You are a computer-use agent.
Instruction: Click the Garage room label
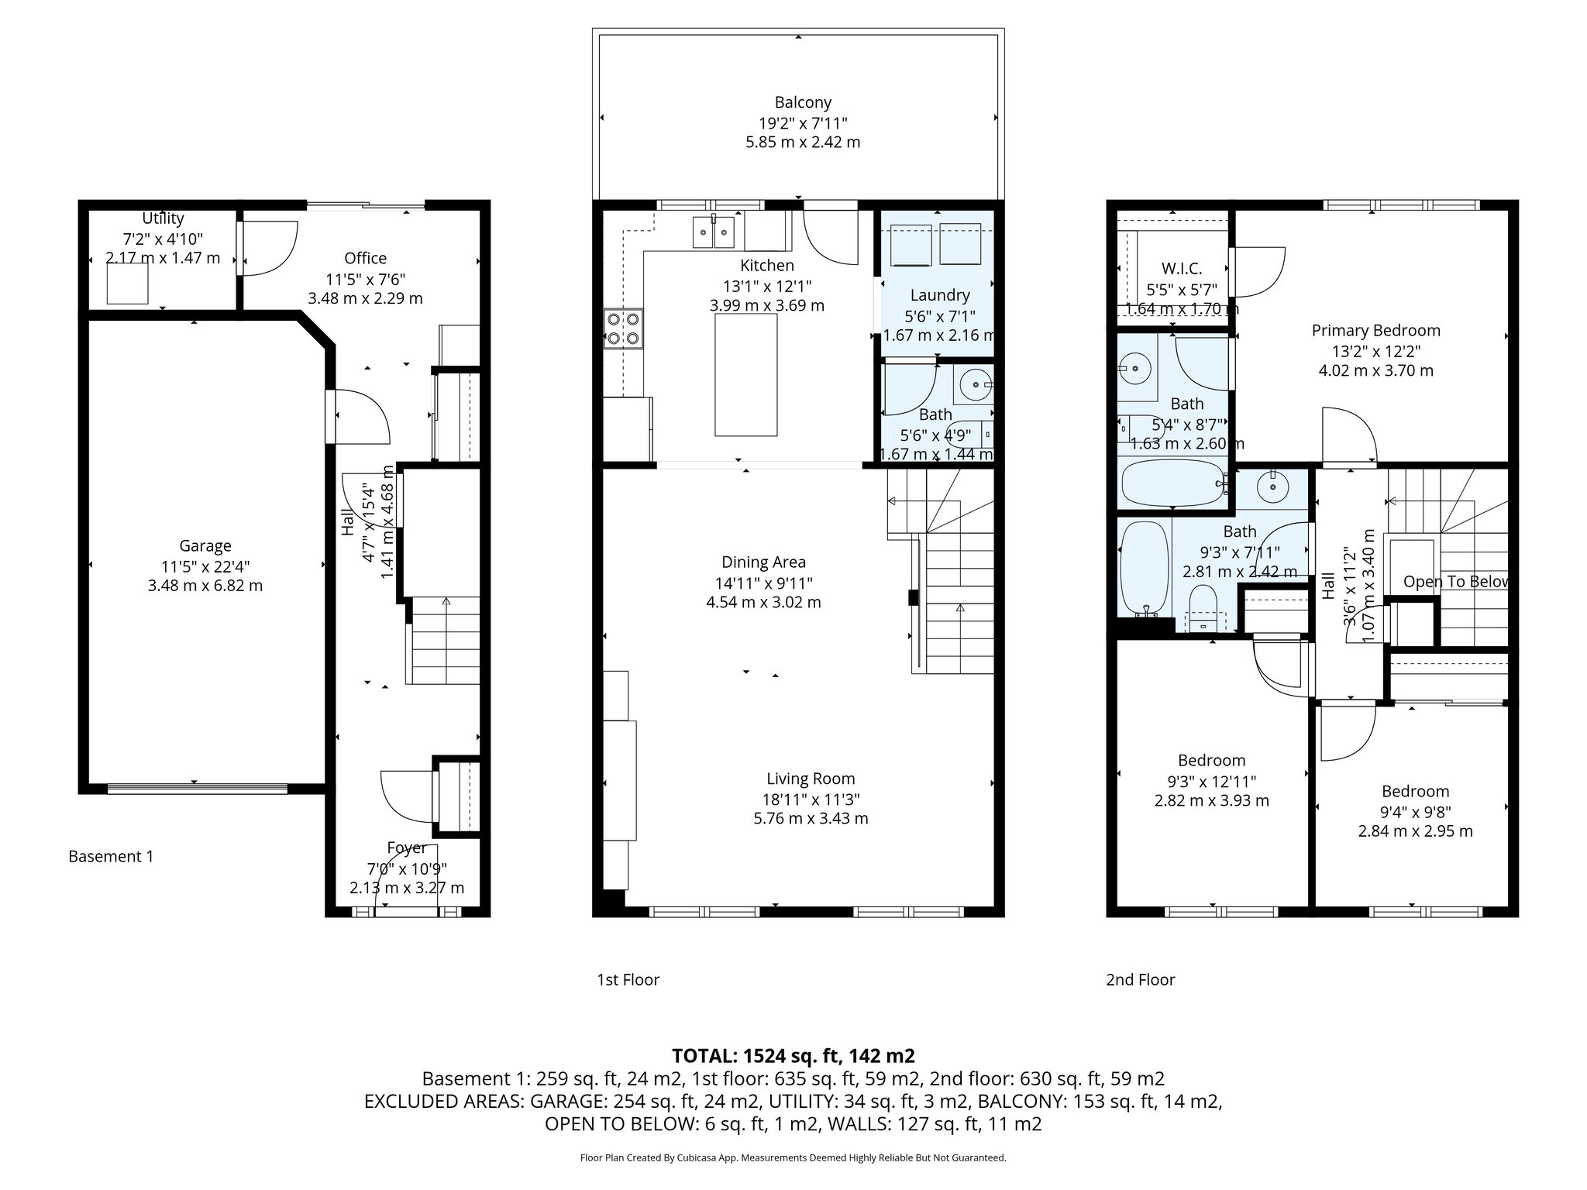click(205, 546)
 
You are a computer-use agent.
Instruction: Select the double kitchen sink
click(714, 232)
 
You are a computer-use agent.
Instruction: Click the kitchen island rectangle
click(745, 376)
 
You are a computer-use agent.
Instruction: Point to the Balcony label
click(803, 102)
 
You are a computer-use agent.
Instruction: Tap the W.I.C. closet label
click(1182, 269)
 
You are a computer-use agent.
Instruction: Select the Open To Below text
click(1455, 582)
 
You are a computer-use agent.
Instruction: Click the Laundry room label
click(939, 295)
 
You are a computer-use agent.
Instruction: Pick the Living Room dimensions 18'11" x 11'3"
click(811, 799)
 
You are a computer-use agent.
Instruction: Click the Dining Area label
click(763, 562)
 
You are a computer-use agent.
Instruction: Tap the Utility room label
click(163, 218)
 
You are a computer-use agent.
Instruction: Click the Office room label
click(365, 258)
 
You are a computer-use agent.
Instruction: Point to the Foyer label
click(407, 848)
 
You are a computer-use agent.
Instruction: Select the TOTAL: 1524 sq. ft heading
click(793, 1056)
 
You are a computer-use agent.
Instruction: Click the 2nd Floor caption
click(1140, 980)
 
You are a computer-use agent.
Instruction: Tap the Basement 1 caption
click(111, 856)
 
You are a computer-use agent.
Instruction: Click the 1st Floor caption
click(628, 980)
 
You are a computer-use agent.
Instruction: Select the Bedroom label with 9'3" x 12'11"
click(1211, 761)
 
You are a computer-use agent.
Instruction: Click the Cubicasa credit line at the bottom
click(793, 1158)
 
